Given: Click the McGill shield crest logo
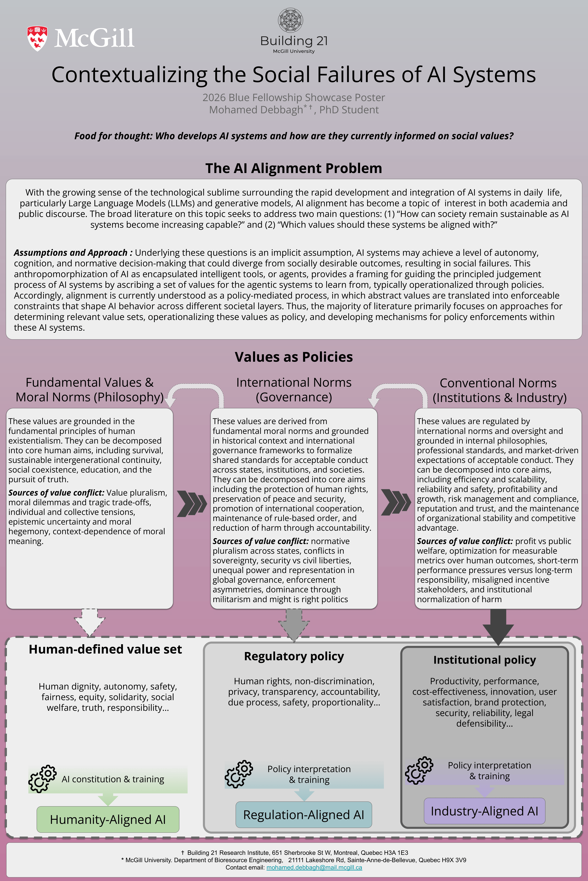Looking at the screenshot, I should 37,38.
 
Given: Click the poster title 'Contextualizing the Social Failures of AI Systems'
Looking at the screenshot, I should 294,75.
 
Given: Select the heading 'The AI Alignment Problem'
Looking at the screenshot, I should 294,168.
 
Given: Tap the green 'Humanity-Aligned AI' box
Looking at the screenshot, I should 108,820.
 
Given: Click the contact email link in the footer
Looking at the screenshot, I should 314,868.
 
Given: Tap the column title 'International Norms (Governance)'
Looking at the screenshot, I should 294,390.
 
